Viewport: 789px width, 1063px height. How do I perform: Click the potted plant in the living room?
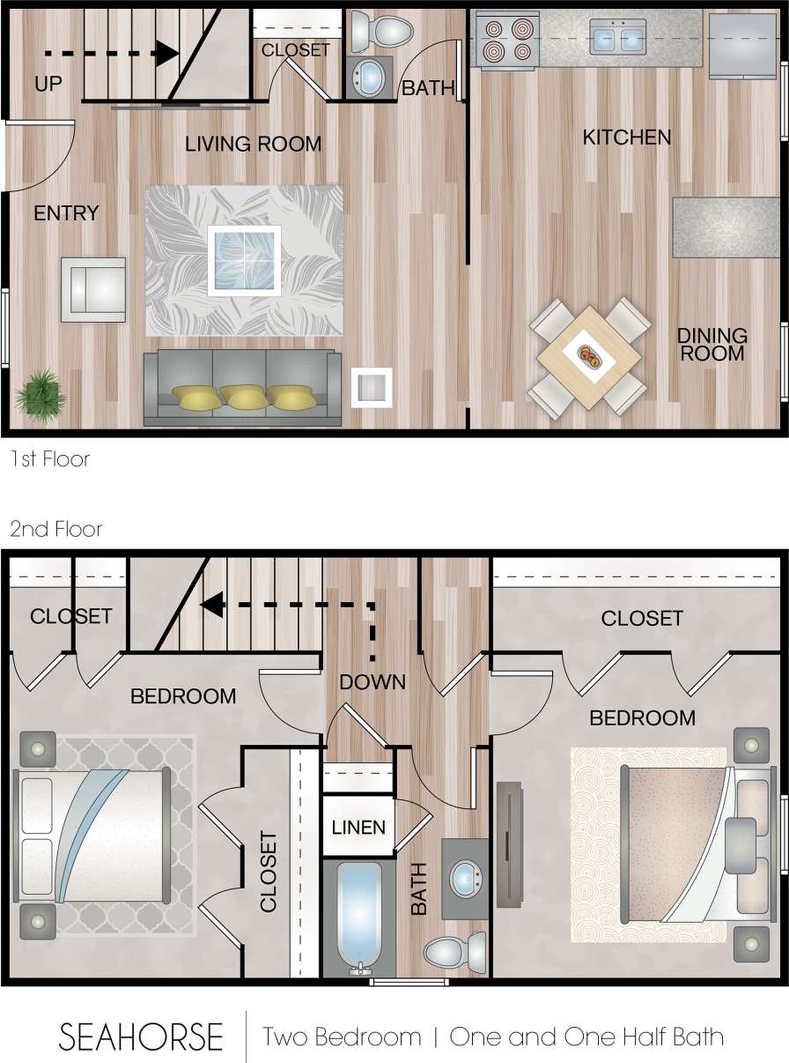tap(40, 393)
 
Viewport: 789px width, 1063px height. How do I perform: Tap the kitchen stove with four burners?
tap(507, 40)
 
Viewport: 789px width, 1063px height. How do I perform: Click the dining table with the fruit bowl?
tap(589, 358)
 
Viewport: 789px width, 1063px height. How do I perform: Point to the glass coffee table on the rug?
tap(244, 260)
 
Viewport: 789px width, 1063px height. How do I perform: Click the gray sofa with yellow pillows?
tap(242, 388)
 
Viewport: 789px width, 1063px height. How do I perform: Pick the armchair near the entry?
tap(92, 289)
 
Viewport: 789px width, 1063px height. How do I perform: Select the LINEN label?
tap(358, 828)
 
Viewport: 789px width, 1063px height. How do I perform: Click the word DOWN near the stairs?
tap(372, 681)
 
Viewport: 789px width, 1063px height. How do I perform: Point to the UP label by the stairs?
tap(48, 84)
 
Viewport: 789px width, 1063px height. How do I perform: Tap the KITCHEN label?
tap(627, 137)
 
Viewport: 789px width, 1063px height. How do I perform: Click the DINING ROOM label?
tap(712, 345)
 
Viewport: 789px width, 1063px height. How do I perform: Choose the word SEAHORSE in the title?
tap(141, 1037)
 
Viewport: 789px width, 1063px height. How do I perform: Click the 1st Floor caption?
tap(49, 459)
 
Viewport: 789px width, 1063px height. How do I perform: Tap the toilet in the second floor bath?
tap(454, 951)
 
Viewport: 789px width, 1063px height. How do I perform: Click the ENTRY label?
tap(66, 213)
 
